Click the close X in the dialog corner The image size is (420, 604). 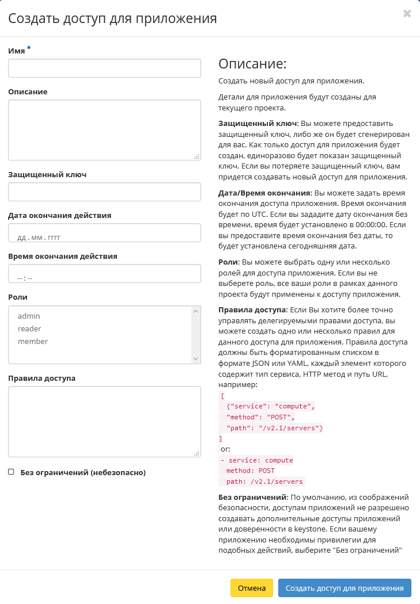[407, 13]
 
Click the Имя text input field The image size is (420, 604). [104, 68]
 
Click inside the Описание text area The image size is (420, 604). [104, 129]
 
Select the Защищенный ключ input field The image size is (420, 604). [104, 192]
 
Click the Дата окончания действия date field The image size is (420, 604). [104, 233]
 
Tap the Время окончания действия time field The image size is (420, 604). [104, 274]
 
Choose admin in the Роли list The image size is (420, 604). [29, 316]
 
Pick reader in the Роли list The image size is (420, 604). [29, 328]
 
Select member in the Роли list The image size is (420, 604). [33, 341]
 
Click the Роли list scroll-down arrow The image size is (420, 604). [196, 358]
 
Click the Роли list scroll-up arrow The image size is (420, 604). [196, 311]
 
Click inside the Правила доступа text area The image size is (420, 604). [104, 421]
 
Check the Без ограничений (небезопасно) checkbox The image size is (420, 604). [11, 472]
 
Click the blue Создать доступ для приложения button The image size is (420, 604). [345, 588]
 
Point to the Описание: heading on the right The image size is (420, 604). [252, 64]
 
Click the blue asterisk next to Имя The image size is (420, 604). [29, 49]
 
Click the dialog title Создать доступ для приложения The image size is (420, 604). [112, 18]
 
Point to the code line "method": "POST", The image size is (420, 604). [260, 417]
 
